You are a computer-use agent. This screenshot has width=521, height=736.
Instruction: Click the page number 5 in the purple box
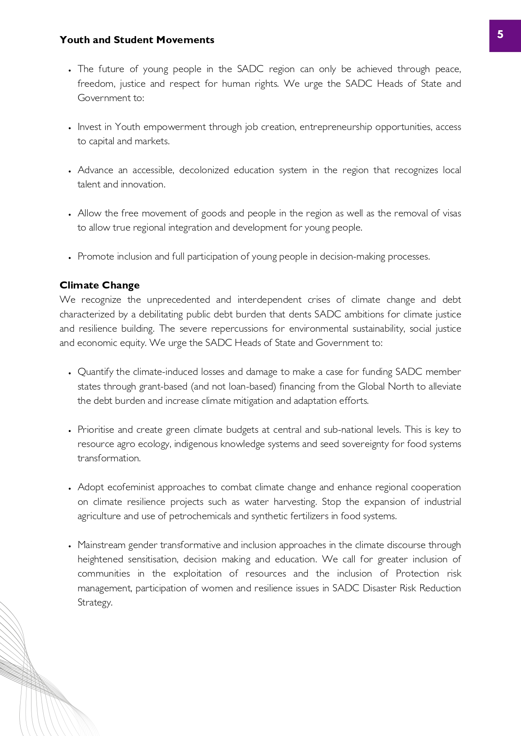tap(500, 34)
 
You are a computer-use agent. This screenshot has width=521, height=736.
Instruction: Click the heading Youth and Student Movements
tap(137, 40)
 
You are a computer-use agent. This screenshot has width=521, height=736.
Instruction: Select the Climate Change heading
tap(99, 285)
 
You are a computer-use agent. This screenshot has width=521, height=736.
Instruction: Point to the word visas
tap(452, 213)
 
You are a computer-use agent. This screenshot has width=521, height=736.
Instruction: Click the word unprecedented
tap(178, 300)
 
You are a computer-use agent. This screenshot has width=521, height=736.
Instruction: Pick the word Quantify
tap(95, 372)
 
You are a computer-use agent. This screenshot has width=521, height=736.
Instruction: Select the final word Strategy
tap(95, 603)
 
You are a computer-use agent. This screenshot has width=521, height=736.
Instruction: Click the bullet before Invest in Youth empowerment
tap(70, 128)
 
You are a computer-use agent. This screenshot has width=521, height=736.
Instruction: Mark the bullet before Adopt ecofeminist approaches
tap(70, 489)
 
